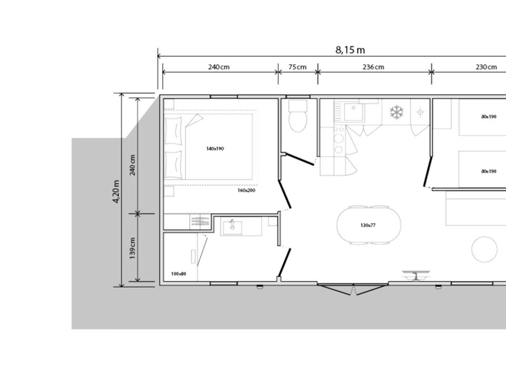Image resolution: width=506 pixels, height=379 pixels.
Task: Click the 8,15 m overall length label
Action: click(350, 50)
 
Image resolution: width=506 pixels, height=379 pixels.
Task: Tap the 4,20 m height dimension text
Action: click(116, 192)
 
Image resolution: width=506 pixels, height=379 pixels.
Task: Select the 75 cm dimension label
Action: click(297, 67)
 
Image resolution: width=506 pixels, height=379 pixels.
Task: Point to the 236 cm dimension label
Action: click(373, 67)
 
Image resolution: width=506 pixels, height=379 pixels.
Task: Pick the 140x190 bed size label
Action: click(215, 148)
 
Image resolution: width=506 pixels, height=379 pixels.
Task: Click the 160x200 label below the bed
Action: click(247, 191)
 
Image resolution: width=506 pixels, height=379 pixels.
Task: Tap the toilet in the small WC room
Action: click(297, 116)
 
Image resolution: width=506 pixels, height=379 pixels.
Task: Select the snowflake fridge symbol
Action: click(396, 112)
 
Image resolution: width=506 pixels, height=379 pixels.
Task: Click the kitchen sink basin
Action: click(353, 112)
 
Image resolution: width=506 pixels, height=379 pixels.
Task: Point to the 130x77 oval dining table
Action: click(369, 225)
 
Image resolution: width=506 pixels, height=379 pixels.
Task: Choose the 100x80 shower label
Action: click(179, 274)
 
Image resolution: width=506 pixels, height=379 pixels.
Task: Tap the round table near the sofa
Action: click(484, 250)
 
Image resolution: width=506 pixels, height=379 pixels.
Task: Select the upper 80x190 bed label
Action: click(489, 117)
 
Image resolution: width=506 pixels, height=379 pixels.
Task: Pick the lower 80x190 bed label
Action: click(489, 172)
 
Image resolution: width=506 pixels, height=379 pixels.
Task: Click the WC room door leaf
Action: click(300, 159)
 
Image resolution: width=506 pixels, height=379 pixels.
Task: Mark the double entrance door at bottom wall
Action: click(353, 289)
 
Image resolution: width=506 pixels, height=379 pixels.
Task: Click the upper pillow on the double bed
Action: click(173, 131)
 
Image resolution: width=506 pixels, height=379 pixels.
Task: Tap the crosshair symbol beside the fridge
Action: click(420, 112)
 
